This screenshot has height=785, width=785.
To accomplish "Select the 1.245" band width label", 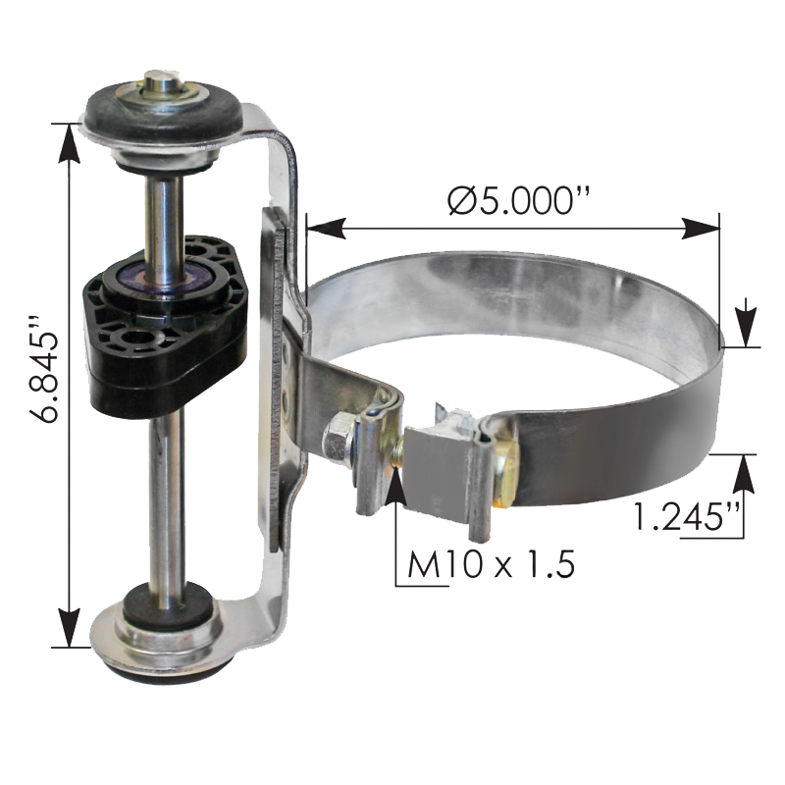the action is (686, 516).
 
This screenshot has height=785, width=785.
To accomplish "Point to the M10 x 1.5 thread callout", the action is (491, 563).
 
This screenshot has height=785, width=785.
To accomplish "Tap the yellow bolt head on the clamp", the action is (506, 472).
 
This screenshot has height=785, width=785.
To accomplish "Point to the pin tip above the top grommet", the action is (159, 80).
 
